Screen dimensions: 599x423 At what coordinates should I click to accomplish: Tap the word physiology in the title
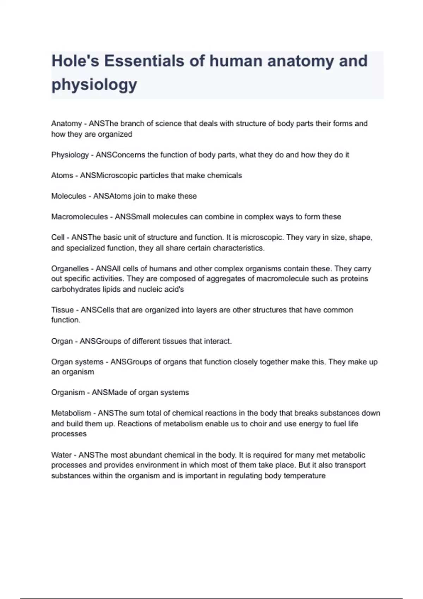94,85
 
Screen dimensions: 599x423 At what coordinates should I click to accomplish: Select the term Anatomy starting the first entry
66,124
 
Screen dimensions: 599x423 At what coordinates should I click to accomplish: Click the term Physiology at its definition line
70,155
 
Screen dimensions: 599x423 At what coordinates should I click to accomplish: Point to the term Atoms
62,175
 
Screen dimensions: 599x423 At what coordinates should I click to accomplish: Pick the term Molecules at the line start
68,196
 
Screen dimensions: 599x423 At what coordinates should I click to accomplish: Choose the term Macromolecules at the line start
79,217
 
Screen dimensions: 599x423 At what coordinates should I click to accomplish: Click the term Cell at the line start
58,237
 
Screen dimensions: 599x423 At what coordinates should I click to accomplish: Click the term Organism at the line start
68,393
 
